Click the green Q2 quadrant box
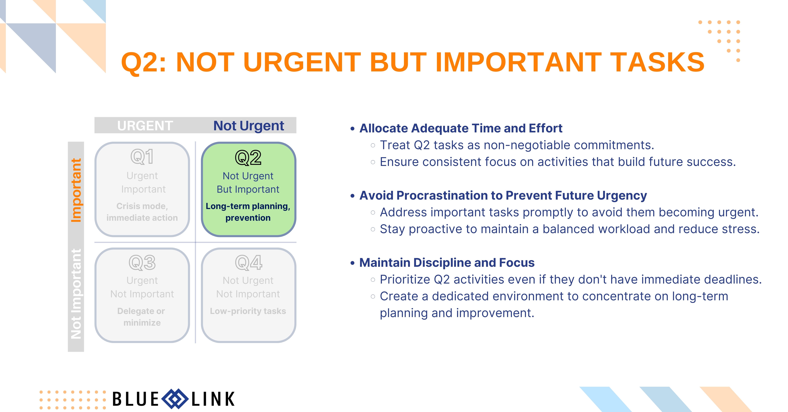(248, 189)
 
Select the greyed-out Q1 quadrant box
(142, 189)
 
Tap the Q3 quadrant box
(142, 295)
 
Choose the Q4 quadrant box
(248, 295)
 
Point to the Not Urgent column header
(249, 125)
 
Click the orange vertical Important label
(76, 190)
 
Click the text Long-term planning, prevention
(248, 212)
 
